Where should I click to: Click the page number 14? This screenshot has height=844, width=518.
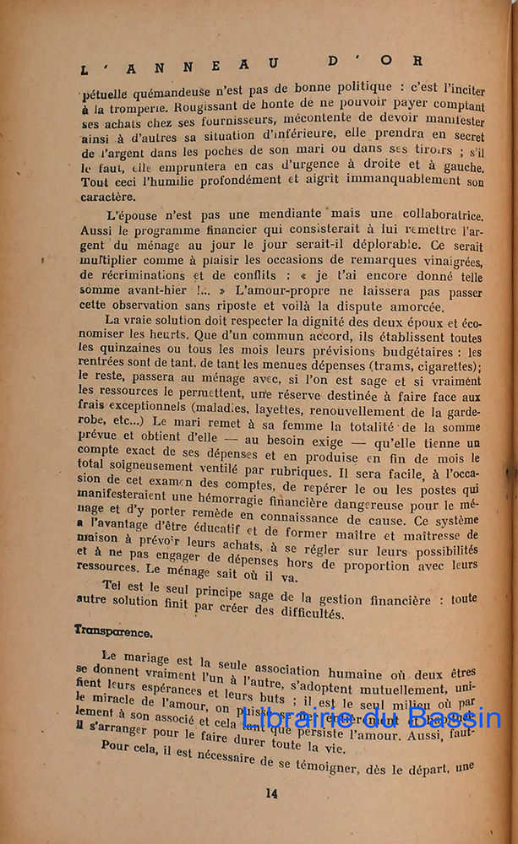tap(270, 793)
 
